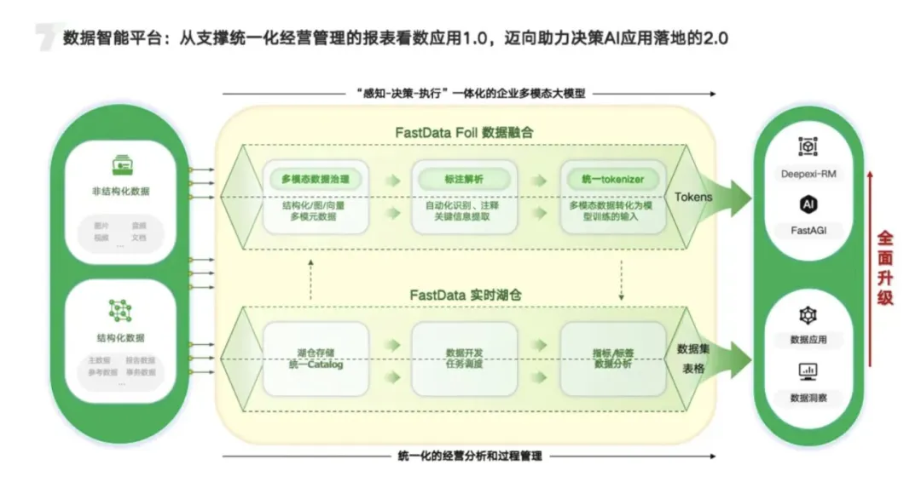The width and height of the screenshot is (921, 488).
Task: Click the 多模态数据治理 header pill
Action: (x=315, y=179)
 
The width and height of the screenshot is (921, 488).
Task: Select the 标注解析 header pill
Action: (x=463, y=179)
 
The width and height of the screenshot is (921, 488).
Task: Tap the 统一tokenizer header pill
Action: (x=612, y=179)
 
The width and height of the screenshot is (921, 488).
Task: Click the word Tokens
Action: (x=693, y=197)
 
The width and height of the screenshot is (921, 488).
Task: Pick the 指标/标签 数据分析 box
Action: (x=612, y=358)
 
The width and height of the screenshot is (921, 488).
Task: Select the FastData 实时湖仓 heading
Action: (x=465, y=295)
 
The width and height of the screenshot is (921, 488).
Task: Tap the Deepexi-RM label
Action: (x=808, y=175)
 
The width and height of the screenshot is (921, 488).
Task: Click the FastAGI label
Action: (x=808, y=229)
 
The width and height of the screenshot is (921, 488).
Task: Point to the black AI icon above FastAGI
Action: (x=808, y=204)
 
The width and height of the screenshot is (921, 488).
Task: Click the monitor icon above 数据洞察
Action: (x=808, y=371)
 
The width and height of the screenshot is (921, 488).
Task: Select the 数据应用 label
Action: (x=808, y=340)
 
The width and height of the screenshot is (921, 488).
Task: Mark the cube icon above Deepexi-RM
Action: (x=808, y=147)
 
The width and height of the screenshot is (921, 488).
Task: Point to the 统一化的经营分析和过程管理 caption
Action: (x=469, y=456)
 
